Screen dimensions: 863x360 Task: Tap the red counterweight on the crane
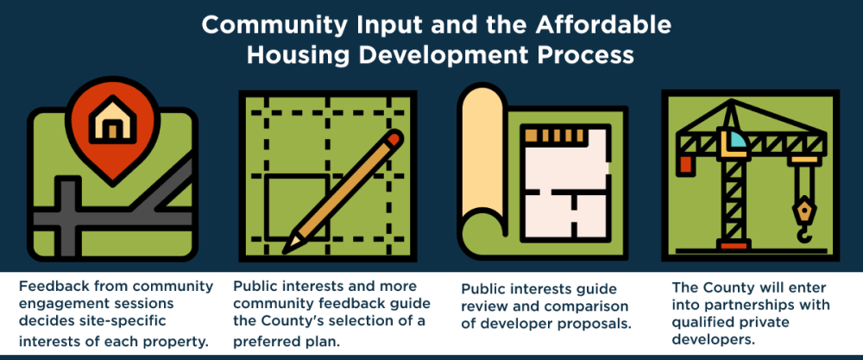[686, 165]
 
